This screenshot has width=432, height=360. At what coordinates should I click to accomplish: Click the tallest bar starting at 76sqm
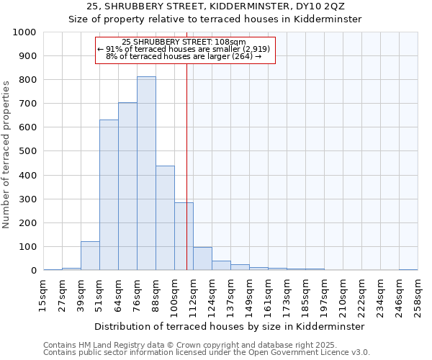(x=146, y=174)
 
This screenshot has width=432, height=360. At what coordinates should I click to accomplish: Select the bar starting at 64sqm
(x=127, y=186)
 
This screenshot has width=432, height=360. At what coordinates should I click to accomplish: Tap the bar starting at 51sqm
(x=109, y=195)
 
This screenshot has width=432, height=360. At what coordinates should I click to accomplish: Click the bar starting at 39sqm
(x=90, y=256)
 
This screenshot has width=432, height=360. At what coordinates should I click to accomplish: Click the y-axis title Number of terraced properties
(x=7, y=154)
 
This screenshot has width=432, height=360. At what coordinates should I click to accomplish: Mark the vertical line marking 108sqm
(x=186, y=180)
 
